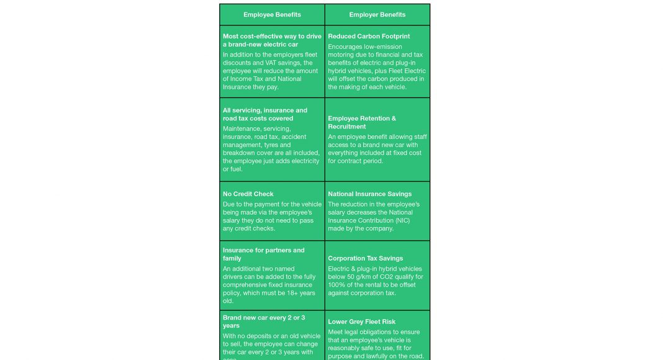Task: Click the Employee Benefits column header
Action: [272, 15]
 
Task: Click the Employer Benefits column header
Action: [377, 15]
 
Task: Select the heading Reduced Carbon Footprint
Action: [369, 37]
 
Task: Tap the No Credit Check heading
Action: [248, 194]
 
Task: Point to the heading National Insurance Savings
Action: [369, 194]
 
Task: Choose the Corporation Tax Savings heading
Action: [365, 258]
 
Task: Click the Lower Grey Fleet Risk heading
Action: [361, 322]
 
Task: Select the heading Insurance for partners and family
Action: [264, 254]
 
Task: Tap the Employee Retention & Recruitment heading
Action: [362, 122]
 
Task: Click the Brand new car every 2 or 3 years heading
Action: [264, 322]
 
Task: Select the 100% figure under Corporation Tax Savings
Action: [338, 285]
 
